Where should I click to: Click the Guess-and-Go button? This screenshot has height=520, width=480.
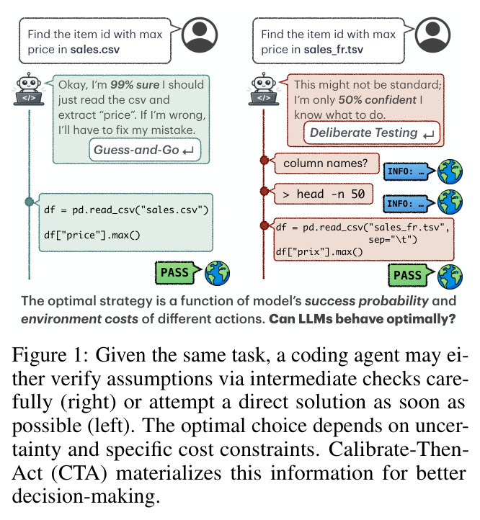(x=145, y=150)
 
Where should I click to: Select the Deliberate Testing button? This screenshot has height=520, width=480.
(x=372, y=133)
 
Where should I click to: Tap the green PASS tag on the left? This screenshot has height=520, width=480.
(x=177, y=272)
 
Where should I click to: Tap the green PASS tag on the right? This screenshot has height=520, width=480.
(x=410, y=275)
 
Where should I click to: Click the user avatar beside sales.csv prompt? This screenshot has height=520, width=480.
(x=200, y=35)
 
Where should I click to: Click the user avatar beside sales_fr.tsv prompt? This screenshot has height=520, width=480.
(x=432, y=35)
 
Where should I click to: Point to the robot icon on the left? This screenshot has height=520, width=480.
(x=29, y=89)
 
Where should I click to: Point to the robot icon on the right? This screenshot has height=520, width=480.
(x=264, y=89)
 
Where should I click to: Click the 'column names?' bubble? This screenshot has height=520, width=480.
(x=326, y=163)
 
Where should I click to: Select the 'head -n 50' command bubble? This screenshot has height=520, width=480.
(x=323, y=194)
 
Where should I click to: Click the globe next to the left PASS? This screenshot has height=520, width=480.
(x=217, y=273)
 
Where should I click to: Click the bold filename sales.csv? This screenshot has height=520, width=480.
(x=95, y=50)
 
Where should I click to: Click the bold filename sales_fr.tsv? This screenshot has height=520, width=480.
(x=333, y=50)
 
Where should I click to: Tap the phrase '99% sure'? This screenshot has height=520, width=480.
(x=135, y=85)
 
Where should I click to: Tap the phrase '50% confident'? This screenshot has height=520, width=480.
(x=377, y=100)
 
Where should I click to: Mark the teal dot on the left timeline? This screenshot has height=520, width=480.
(x=30, y=202)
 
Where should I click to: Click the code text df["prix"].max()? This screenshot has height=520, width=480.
(x=319, y=252)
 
